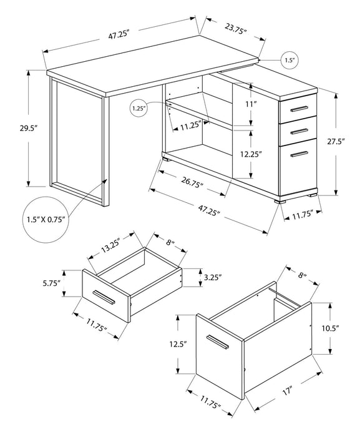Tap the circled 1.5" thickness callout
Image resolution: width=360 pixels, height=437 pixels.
point(289,60)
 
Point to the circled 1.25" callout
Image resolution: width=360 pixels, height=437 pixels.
point(139,109)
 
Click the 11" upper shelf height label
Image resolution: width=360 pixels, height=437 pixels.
point(251,104)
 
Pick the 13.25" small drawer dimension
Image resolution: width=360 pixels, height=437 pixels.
point(113,242)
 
